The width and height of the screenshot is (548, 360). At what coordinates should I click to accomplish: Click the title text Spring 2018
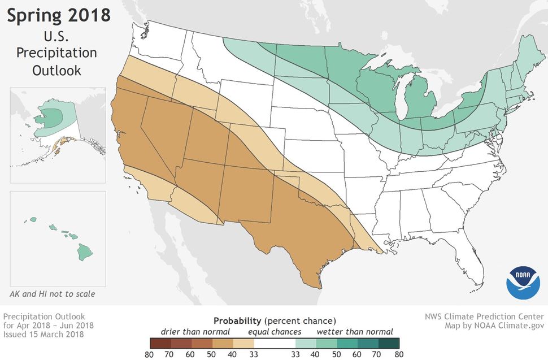(58, 15)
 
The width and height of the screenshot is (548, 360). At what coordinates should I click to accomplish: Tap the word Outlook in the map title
(56, 71)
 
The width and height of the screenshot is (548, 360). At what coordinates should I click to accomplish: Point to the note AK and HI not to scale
(52, 294)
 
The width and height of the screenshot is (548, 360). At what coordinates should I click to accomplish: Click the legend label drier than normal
(195, 332)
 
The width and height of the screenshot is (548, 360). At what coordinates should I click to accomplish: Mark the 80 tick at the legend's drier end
(149, 355)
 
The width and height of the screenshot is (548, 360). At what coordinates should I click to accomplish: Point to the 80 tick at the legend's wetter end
(399, 355)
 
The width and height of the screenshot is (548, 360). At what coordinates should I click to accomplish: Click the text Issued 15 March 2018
(44, 334)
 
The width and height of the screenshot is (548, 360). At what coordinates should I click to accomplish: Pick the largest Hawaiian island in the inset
(85, 251)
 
